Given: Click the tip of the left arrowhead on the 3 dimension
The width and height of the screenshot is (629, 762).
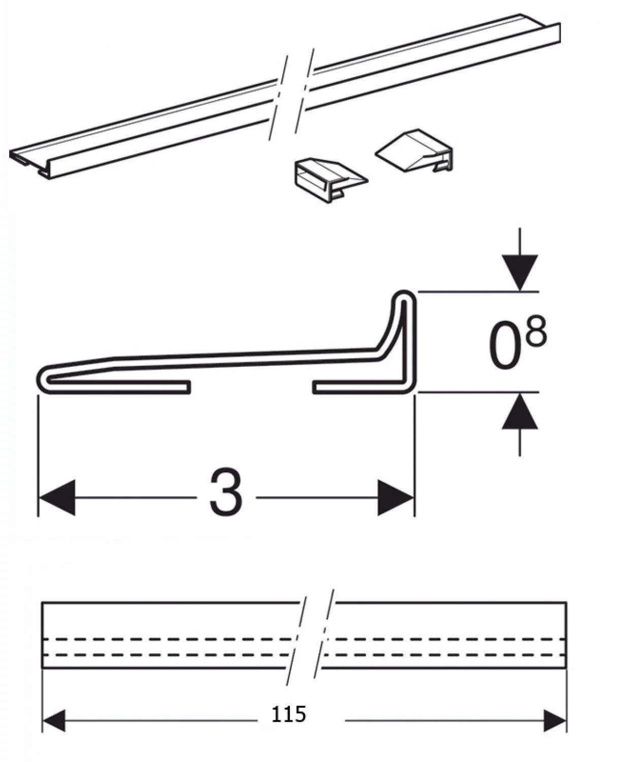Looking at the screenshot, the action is point(39,497).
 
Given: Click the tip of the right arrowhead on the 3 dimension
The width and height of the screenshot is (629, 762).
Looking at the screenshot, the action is point(414,497).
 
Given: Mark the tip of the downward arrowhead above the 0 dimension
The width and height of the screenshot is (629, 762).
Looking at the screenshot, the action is point(520,291).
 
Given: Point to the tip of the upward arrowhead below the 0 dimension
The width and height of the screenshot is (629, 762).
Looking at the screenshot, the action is point(520,393).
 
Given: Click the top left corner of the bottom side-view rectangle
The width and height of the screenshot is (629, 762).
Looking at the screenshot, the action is point(43,602).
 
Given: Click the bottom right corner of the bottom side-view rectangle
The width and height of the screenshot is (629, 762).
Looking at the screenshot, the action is point(566,668).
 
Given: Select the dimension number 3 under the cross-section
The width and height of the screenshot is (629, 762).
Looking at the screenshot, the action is point(226,491).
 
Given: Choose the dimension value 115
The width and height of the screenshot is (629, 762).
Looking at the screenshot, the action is point(289,715).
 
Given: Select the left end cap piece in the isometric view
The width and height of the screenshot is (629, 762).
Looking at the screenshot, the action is point(330,180).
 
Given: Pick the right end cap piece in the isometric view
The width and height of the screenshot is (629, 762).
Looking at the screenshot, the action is point(414,150).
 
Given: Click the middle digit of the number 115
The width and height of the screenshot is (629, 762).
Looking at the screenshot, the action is point(289,715).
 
